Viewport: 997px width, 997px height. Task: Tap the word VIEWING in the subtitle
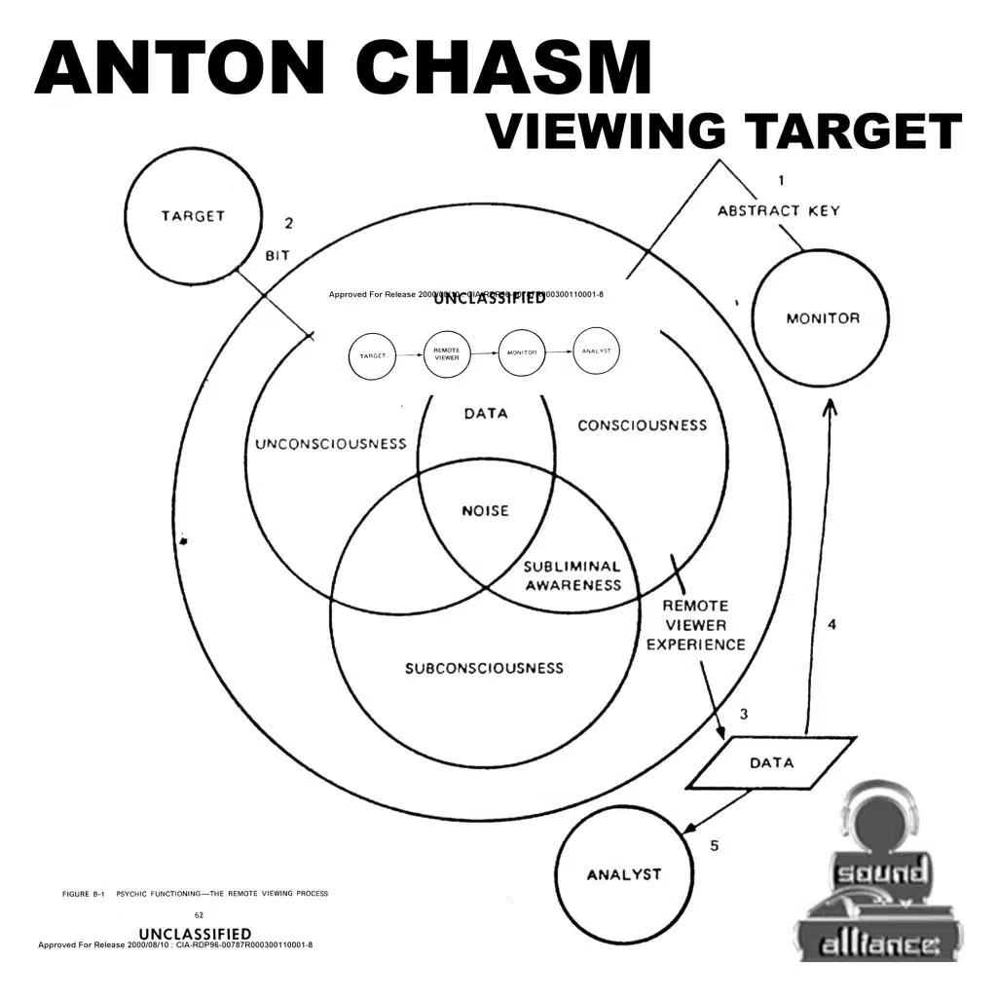(x=605, y=131)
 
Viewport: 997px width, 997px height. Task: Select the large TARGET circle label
(x=193, y=216)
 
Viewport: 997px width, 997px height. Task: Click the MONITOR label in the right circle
(x=823, y=318)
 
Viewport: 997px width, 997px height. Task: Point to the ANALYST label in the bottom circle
(x=623, y=874)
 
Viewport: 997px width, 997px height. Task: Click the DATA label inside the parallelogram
(x=771, y=762)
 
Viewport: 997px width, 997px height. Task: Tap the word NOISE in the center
(x=485, y=510)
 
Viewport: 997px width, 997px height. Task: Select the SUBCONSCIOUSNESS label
(x=484, y=668)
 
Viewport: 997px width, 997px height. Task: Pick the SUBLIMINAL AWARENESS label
(x=572, y=575)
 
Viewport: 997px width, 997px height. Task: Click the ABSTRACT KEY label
(x=779, y=210)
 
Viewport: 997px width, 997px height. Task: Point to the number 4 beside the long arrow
(x=831, y=624)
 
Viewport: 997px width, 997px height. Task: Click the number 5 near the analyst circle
(x=714, y=846)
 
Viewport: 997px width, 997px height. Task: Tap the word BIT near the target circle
(x=277, y=257)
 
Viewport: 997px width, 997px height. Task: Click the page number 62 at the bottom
(x=200, y=915)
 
